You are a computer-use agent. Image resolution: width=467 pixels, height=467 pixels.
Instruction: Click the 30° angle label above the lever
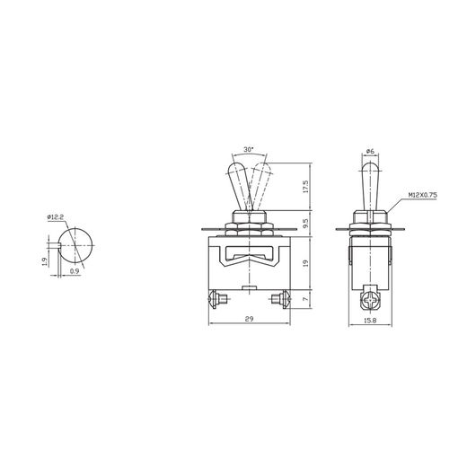pyautogui.click(x=248, y=149)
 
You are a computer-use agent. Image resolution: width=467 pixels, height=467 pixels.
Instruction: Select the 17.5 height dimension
pyautogui.click(x=306, y=188)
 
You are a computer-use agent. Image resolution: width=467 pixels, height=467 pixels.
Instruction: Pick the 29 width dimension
pyautogui.click(x=249, y=321)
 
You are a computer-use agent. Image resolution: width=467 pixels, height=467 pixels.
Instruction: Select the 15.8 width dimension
pyautogui.click(x=369, y=321)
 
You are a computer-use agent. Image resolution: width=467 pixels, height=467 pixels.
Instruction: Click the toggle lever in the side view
pyautogui.click(x=369, y=184)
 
